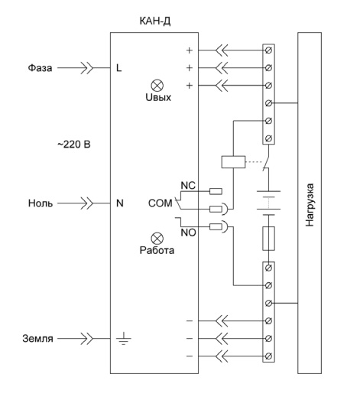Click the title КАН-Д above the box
point(155,21)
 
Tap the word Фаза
point(40,68)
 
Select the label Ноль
point(41,203)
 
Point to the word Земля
point(37,339)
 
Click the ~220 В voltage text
point(74,145)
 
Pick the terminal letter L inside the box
point(118,68)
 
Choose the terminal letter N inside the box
point(119,203)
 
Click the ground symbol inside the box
point(124,339)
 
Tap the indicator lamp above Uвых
point(157,86)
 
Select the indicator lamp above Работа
point(157,239)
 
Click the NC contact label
point(188,185)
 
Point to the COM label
point(160,203)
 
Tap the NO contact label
point(189,233)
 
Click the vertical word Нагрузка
point(310,205)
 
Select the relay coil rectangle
point(233,162)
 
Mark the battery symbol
point(268,203)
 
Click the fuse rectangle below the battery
point(268,239)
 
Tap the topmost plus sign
point(190,50)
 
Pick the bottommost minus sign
point(190,356)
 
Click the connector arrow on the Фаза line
point(87,68)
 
